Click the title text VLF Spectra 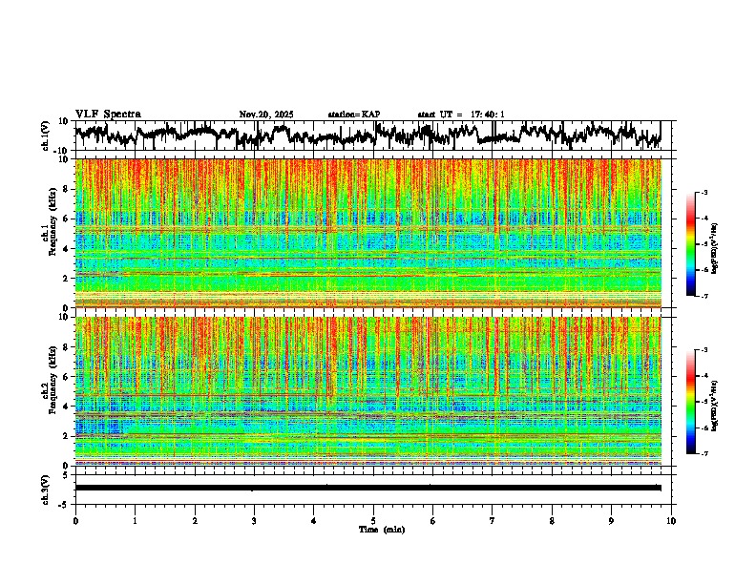coord(107,115)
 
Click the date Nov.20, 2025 coord(266,115)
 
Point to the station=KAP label coord(353,115)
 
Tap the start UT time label coord(461,115)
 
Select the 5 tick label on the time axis coord(373,521)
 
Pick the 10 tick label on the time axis coord(671,521)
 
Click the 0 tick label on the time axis coord(75,521)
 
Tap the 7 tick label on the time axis coord(493,521)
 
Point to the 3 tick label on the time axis coord(254,521)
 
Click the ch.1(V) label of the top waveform coord(46,136)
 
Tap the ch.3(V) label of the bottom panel coord(46,488)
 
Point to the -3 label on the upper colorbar coord(703,193)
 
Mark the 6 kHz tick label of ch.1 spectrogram coord(67,219)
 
